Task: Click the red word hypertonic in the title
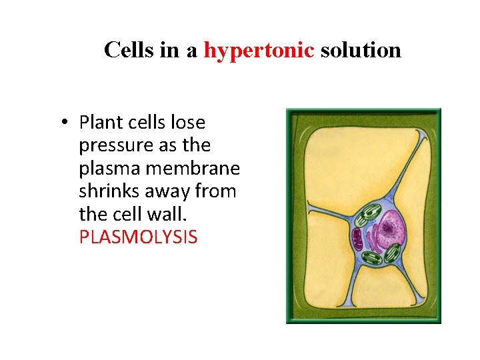pos(259,50)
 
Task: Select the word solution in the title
pos(361,50)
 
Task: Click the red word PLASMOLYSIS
pos(138,237)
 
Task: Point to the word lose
pos(188,123)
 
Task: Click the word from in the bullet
pos(218,191)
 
